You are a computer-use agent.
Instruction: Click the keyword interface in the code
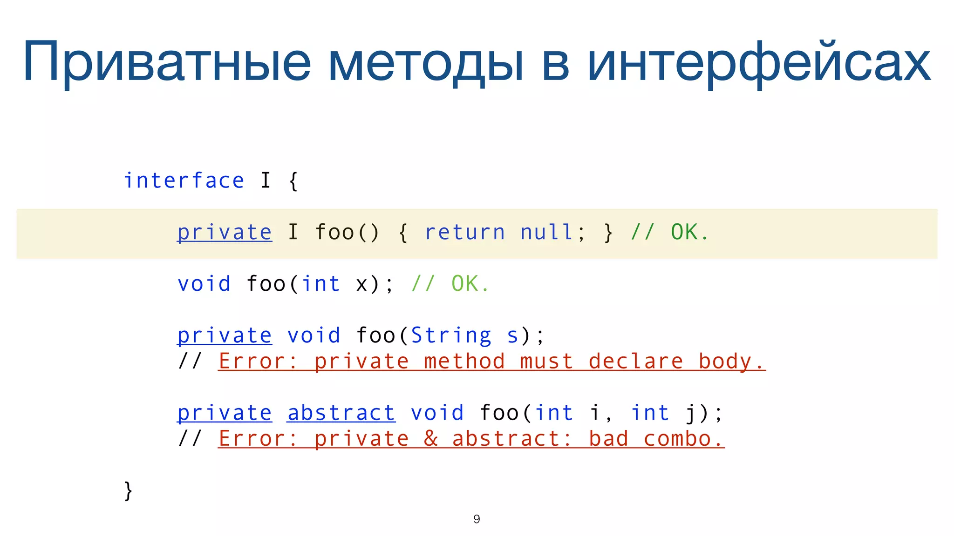[184, 181]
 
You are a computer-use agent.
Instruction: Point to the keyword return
[465, 232]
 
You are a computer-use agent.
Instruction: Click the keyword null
[546, 232]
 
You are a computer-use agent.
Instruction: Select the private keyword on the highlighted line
[225, 232]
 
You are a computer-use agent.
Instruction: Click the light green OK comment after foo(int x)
[465, 284]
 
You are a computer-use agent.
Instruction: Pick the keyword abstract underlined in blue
[341, 413]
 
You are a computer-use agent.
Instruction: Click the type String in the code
[451, 335]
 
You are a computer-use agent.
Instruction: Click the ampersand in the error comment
[431, 439]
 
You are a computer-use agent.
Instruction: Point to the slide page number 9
[477, 519]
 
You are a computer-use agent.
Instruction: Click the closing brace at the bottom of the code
[128, 491]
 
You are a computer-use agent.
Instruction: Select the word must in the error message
[546, 362]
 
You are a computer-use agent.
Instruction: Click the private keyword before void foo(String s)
[225, 335]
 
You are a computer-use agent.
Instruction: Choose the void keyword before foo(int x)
[204, 284]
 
